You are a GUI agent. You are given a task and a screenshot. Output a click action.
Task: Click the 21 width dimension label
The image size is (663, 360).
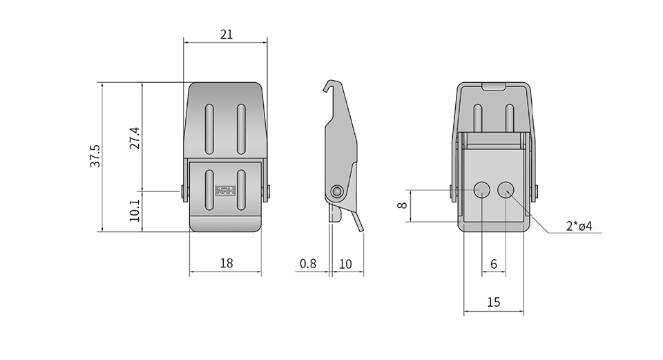(x=227, y=34)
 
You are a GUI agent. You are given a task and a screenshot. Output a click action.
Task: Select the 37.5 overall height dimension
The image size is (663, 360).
(x=95, y=156)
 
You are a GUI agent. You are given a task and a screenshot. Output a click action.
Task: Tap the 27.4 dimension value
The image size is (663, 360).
(x=135, y=138)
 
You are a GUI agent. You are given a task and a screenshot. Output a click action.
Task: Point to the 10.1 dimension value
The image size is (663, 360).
(x=135, y=211)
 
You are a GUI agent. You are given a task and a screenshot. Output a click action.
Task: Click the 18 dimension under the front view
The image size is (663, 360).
(x=227, y=263)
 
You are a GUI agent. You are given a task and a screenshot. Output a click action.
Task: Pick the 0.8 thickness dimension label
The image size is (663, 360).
(x=308, y=263)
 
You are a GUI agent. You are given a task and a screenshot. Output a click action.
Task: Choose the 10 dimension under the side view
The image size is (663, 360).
(x=345, y=264)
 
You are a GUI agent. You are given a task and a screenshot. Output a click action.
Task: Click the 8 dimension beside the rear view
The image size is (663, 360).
(x=402, y=205)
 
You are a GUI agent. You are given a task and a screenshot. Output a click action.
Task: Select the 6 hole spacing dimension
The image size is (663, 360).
(x=493, y=264)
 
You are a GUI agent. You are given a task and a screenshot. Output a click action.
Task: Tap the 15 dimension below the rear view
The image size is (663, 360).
(x=493, y=302)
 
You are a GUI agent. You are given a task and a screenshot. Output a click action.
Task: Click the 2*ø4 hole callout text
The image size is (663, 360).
(x=579, y=226)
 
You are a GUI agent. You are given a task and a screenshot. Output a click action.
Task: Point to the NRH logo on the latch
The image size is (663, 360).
(x=226, y=191)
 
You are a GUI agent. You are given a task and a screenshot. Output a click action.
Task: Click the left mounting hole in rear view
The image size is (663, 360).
(x=481, y=189)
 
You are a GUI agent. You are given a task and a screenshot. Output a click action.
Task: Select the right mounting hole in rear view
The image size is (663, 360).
(x=506, y=189)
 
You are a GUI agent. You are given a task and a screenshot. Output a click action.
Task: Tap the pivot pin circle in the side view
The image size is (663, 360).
(x=336, y=191)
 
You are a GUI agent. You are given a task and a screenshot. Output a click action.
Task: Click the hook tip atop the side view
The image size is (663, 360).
(x=325, y=90)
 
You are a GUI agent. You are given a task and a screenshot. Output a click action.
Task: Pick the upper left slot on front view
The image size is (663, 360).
(x=209, y=129)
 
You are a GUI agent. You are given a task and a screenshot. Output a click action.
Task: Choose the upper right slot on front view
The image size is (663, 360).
(x=241, y=129)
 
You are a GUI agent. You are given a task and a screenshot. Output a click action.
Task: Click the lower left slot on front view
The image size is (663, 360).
(x=209, y=189)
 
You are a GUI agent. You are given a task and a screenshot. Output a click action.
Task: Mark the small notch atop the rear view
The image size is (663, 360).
(x=494, y=86)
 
